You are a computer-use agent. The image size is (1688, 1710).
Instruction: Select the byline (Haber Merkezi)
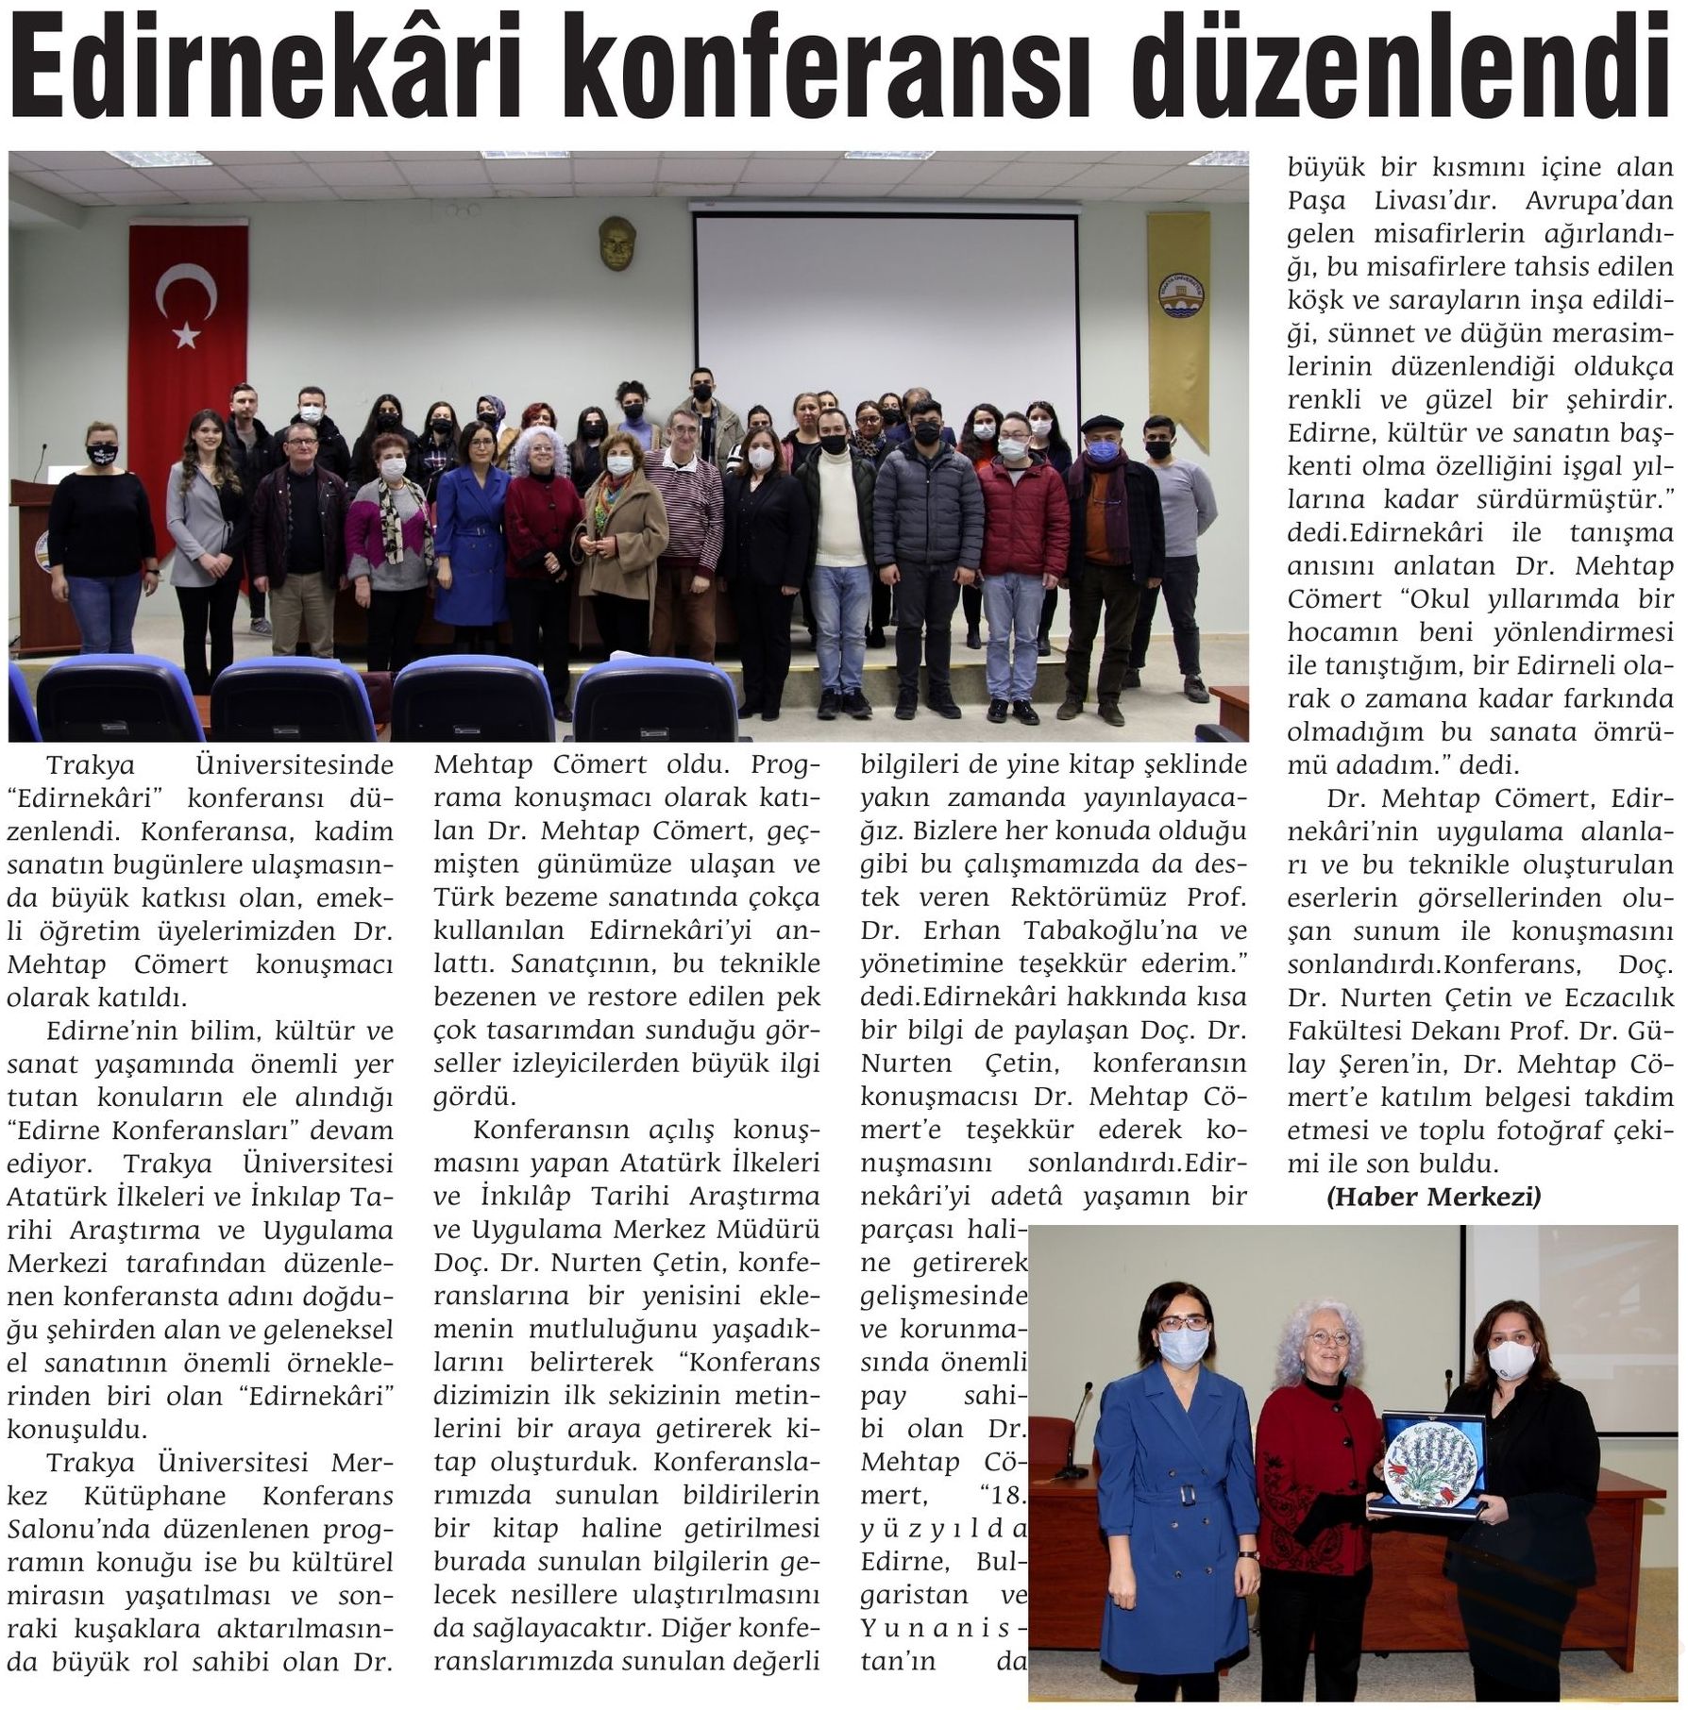tap(1433, 1197)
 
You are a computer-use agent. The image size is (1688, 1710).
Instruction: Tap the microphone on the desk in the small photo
tap(1073, 1444)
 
